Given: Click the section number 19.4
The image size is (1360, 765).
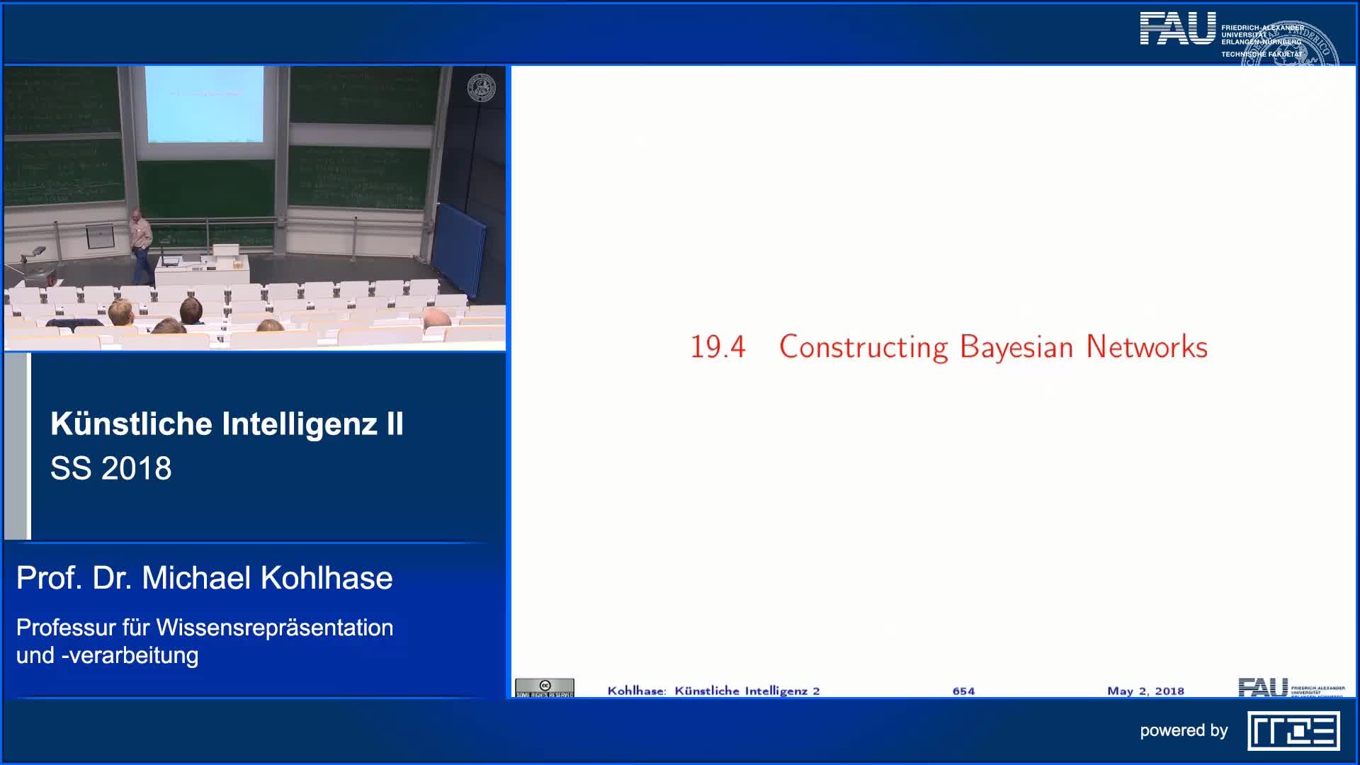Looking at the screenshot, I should (x=718, y=347).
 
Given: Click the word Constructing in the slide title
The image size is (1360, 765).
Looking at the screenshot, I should (x=863, y=347).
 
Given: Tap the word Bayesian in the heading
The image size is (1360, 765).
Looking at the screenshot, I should (x=1016, y=347).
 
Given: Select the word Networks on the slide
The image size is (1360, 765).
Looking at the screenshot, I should (x=1147, y=347).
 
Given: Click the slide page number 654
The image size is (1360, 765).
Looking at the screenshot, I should (x=963, y=691).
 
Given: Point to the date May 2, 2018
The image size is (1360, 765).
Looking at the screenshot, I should (x=1145, y=691).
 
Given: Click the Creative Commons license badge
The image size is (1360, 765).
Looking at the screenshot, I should (x=545, y=688).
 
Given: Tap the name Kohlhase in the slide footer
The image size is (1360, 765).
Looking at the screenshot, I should (x=636, y=691).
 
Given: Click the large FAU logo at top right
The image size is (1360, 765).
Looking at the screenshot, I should (x=1177, y=29).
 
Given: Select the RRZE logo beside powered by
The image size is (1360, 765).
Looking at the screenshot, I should (x=1293, y=731).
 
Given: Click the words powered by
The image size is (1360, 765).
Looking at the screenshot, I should (x=1184, y=730).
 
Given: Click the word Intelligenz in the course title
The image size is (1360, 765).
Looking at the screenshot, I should (x=300, y=424).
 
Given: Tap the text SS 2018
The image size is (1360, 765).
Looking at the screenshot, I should (x=111, y=468).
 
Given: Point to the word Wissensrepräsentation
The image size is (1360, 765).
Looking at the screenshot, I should (x=275, y=628).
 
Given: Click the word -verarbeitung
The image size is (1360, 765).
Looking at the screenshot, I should (x=130, y=655).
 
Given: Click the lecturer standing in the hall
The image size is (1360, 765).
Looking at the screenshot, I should (x=142, y=244).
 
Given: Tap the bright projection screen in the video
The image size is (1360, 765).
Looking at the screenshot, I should (x=204, y=104).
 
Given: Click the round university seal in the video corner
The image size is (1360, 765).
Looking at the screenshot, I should (x=482, y=88).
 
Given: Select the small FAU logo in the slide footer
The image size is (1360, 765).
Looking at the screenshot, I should (x=1262, y=687).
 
